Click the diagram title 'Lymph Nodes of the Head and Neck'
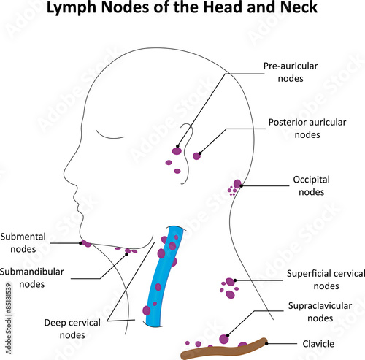[182, 10]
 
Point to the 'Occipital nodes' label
[312, 185]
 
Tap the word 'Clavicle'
[318, 343]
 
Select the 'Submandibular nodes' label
[32, 277]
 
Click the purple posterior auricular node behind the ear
[196, 156]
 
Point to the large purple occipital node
[237, 184]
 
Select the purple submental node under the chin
[86, 243]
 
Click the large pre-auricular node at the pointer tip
[176, 151]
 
